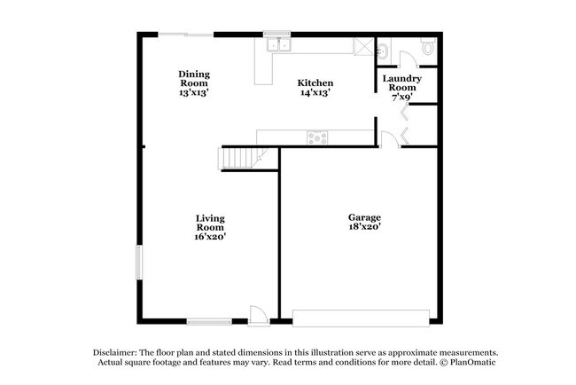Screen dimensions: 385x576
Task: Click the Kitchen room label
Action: (x=315, y=82)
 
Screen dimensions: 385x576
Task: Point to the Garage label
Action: (x=363, y=217)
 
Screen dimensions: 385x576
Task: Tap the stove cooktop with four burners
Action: (x=316, y=137)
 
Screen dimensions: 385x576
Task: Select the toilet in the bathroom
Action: (x=427, y=47)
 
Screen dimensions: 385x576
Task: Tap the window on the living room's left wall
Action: (x=138, y=263)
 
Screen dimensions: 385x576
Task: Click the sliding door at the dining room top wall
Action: (x=186, y=35)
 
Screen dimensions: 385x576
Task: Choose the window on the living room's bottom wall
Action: (x=210, y=320)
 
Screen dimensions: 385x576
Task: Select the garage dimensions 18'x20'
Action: (x=363, y=228)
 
